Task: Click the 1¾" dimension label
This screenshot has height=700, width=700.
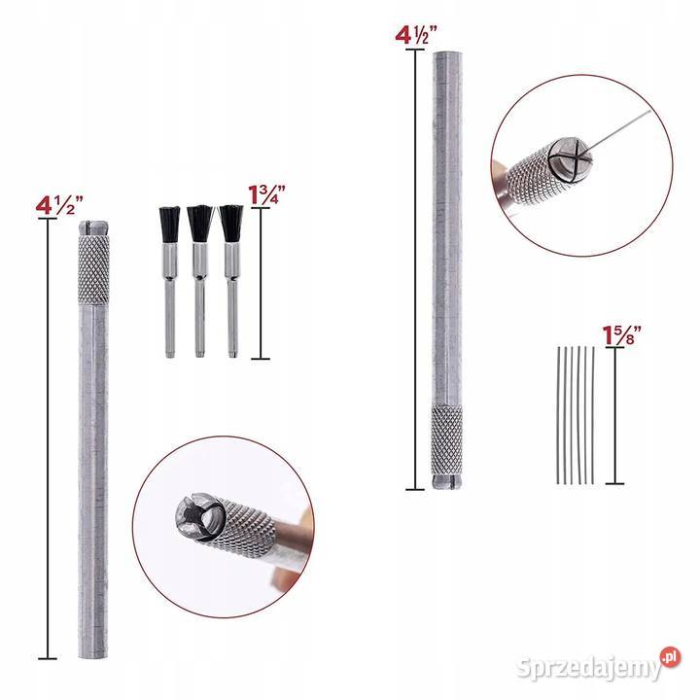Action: pyautogui.click(x=266, y=195)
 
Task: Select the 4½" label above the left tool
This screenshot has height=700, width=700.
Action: pyautogui.click(x=59, y=206)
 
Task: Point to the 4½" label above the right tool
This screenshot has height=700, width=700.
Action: pyautogui.click(x=416, y=35)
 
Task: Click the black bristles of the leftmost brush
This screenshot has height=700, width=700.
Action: pyautogui.click(x=169, y=225)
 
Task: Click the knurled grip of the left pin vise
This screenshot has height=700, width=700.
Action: pyautogui.click(x=93, y=269)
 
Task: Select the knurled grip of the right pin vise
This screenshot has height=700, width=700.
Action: pyautogui.click(x=447, y=440)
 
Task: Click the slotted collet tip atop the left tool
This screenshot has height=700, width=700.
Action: pyautogui.click(x=93, y=227)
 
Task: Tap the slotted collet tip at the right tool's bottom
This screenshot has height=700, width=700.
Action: pyautogui.click(x=447, y=482)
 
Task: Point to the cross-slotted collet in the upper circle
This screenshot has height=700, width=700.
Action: pyautogui.click(x=570, y=160)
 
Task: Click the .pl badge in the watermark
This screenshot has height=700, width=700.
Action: pyautogui.click(x=670, y=657)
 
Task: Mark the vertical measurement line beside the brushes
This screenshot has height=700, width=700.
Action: pyautogui.click(x=261, y=283)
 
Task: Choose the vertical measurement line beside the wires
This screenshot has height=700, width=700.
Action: pyautogui.click(x=615, y=416)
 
